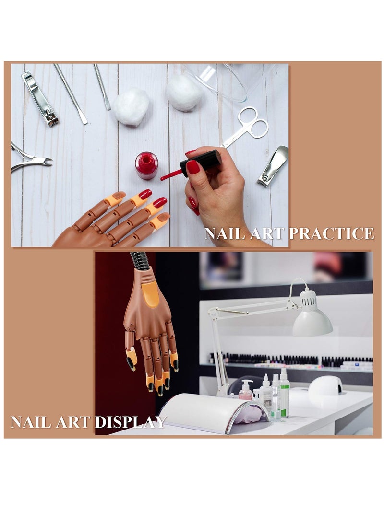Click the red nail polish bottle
[x=146, y=165]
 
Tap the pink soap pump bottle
[x=246, y=391]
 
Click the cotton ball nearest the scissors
[x=184, y=92]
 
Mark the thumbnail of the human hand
[x=192, y=167]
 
